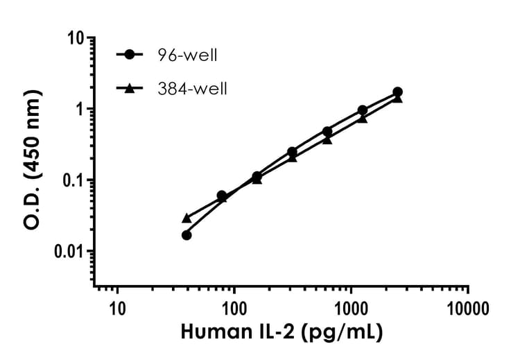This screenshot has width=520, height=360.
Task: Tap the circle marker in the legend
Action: pos(130,53)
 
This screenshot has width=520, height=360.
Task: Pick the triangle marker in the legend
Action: pos(130,88)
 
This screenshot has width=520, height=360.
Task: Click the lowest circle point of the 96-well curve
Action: pos(187,235)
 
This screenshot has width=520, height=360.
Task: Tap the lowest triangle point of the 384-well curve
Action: pos(187,218)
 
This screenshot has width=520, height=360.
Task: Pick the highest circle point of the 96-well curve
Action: pos(397,92)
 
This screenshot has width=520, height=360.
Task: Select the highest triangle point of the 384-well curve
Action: pos(397,98)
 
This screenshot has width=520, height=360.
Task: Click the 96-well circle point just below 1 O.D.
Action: pos(363,110)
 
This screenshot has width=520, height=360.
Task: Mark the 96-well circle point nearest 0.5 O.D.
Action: pos(327,131)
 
